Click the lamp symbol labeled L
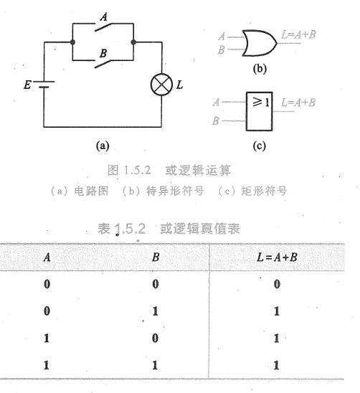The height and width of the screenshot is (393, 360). (x=161, y=85)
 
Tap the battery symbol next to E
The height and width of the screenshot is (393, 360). (x=44, y=85)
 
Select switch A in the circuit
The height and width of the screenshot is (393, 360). (x=103, y=27)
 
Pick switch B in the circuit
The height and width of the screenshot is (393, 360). (x=103, y=64)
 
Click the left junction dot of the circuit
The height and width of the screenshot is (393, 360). (x=72, y=42)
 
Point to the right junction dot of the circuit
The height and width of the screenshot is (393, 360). (x=133, y=42)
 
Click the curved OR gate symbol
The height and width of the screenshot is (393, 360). (x=259, y=43)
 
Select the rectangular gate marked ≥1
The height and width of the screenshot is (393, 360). (x=259, y=112)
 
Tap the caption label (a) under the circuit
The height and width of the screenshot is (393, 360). (x=103, y=146)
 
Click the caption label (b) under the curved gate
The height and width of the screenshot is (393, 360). (x=260, y=68)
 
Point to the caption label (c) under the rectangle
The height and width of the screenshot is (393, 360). (x=259, y=146)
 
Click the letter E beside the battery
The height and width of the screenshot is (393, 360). (x=27, y=85)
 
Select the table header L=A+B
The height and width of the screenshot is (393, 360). (x=277, y=257)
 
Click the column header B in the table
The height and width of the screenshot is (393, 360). (x=156, y=257)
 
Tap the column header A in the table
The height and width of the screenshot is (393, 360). (x=47, y=257)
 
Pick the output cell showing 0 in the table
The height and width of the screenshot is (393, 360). (x=277, y=284)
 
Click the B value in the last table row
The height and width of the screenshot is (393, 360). (x=155, y=365)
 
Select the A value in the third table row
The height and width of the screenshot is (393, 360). (x=47, y=338)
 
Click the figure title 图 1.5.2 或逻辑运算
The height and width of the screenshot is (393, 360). (x=169, y=171)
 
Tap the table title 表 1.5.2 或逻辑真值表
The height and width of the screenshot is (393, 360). (x=169, y=228)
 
